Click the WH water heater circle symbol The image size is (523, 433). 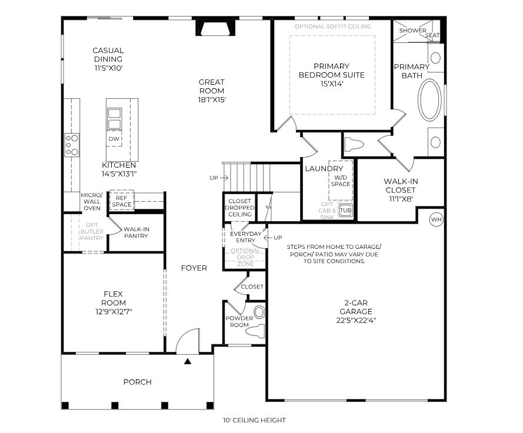pos(436,219)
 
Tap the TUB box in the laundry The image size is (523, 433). pos(345,210)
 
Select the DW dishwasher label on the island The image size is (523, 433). pos(114,139)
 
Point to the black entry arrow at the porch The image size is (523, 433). pos(188,361)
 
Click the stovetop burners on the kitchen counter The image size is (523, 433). pos(72,145)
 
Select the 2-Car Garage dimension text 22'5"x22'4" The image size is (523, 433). pos(356,321)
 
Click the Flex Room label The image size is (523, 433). pos(114,298)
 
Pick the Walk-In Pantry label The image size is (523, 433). pos(136,232)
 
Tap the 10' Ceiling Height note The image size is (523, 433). pos(254,420)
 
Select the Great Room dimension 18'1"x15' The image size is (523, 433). pos(211,100)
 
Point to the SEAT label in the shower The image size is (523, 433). pos(432,35)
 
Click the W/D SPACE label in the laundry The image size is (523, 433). pos(341,181)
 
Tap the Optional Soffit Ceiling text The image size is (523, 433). pos(332,26)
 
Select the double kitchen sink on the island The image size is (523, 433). pos(114,118)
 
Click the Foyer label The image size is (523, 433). pos(194,268)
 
